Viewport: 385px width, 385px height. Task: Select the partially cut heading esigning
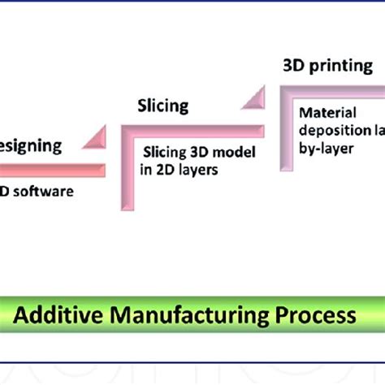click(30, 146)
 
